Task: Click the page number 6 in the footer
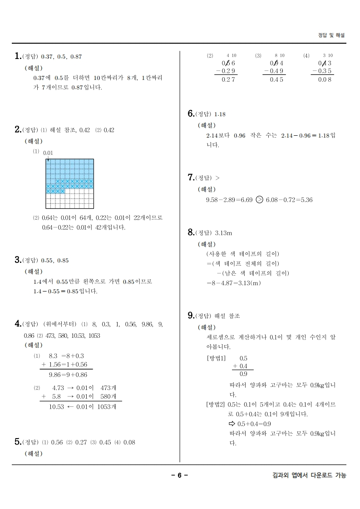[x=179, y=475]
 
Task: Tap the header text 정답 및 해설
[x=331, y=35]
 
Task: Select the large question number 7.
[x=191, y=177]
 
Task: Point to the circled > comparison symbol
[x=259, y=200]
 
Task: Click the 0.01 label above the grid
[x=48, y=153]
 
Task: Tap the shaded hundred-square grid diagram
[x=70, y=183]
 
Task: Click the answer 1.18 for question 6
[x=220, y=114]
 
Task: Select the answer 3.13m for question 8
[x=223, y=233]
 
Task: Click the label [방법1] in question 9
[x=216, y=358]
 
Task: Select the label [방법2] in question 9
[x=216, y=404]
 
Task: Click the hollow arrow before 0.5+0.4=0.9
[x=232, y=424]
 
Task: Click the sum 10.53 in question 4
[x=56, y=407]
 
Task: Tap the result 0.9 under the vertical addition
[x=243, y=374]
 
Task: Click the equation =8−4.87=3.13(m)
[x=233, y=283]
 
